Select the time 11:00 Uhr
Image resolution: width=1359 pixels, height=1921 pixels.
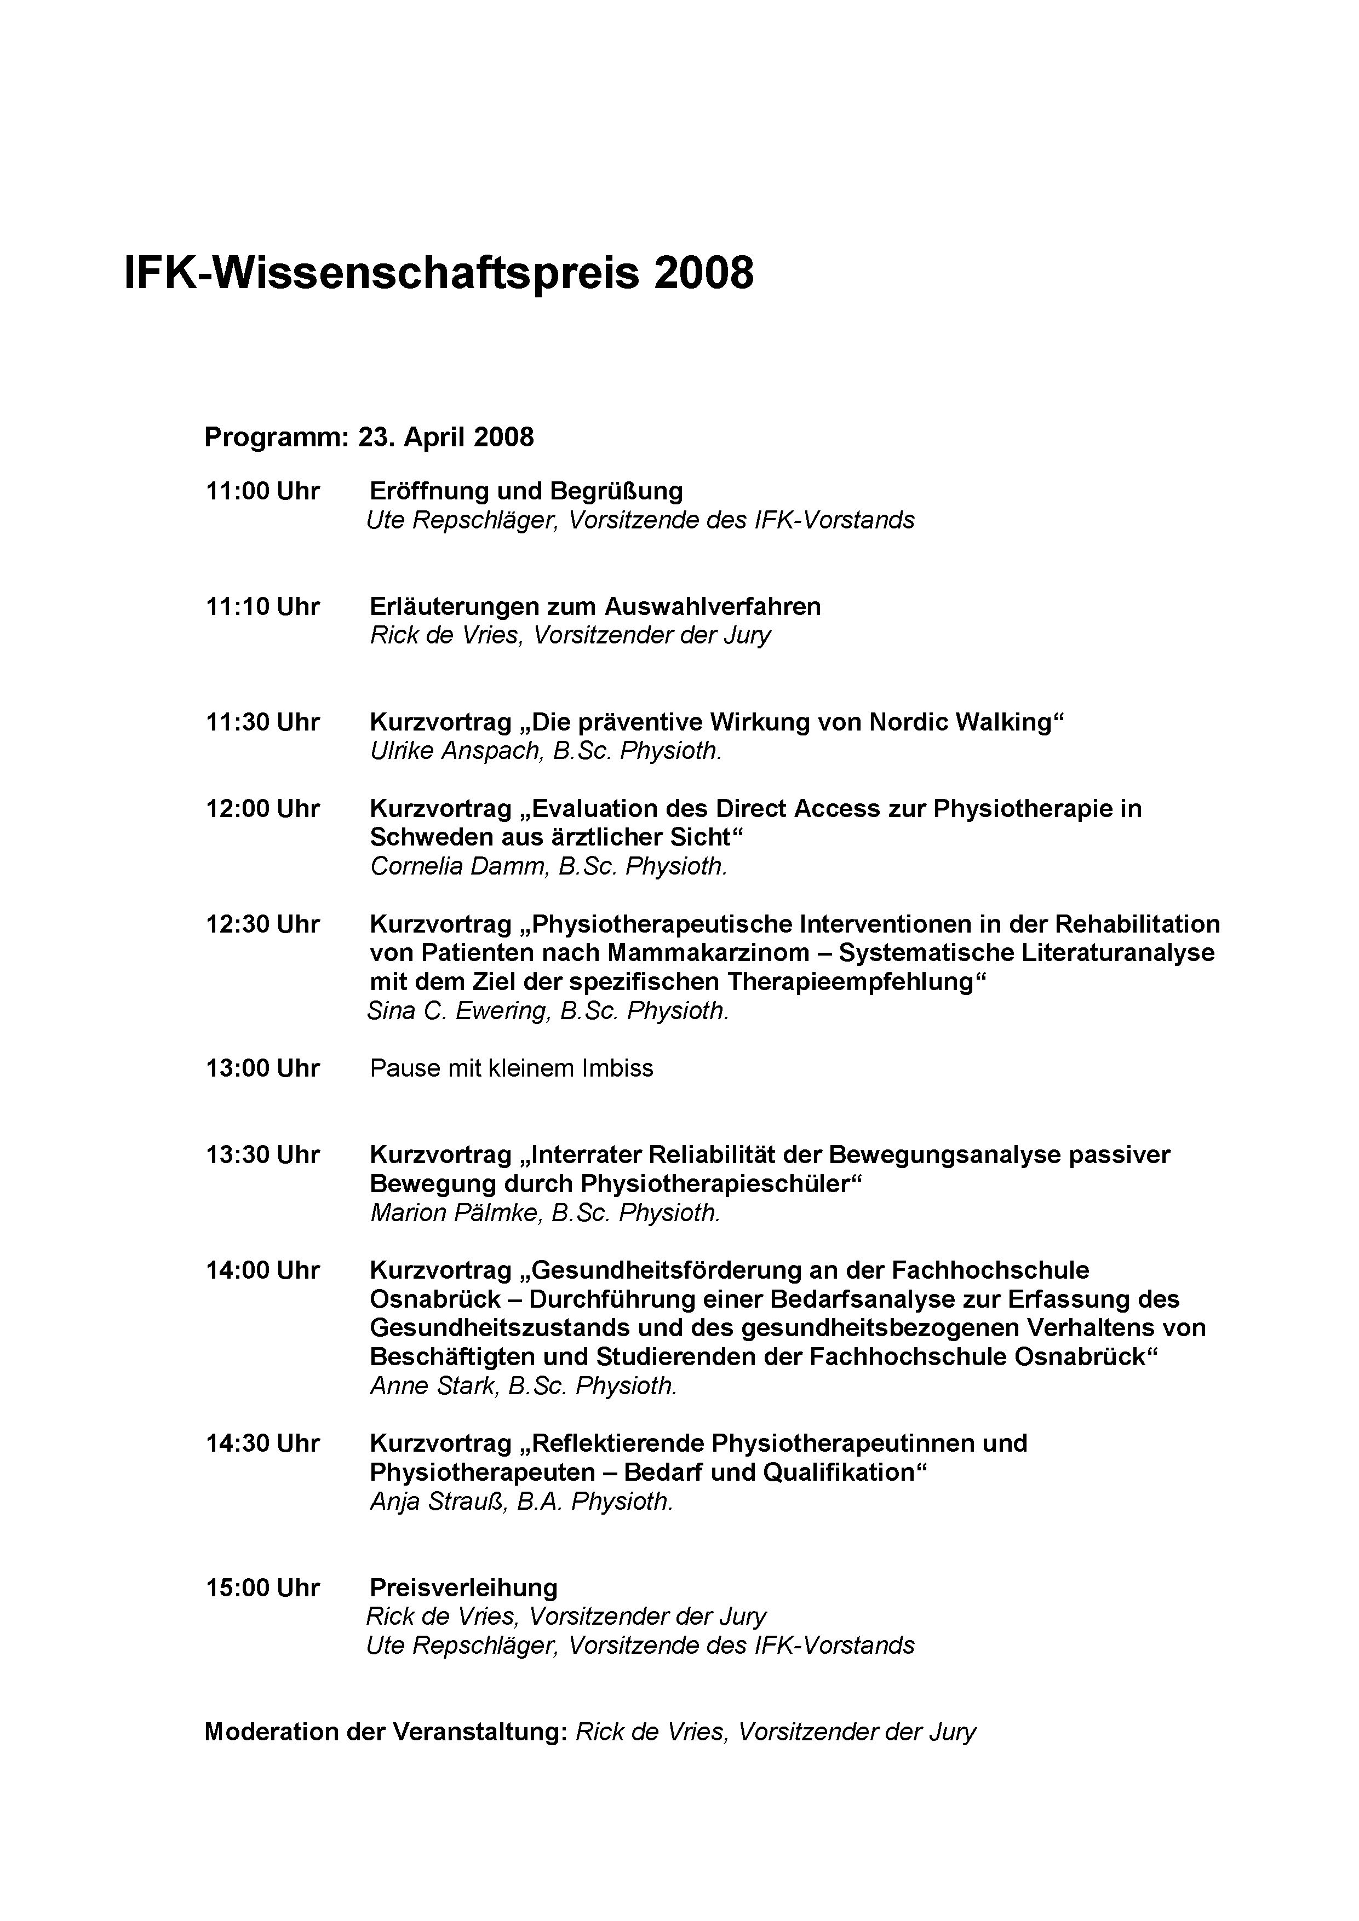point(263,491)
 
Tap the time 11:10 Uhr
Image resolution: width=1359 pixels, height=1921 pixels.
point(263,607)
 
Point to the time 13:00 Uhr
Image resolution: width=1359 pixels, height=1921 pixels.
point(263,1068)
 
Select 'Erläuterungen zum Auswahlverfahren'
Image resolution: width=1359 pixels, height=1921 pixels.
point(595,607)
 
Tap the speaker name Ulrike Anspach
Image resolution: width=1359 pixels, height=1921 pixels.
point(456,751)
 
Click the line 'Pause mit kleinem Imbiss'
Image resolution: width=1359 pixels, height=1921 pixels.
point(511,1068)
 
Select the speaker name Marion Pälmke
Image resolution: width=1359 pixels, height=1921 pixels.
point(455,1213)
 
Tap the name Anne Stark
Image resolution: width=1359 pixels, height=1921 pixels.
point(434,1387)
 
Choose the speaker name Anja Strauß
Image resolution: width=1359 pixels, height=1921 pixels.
point(439,1502)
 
